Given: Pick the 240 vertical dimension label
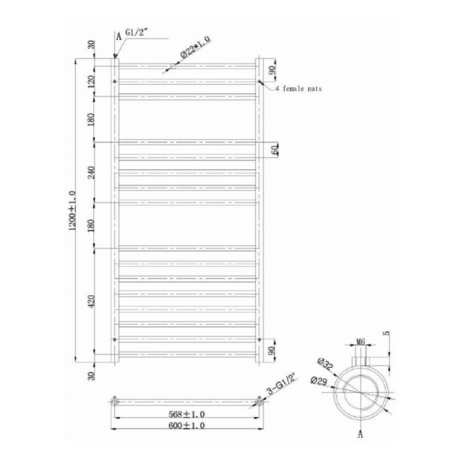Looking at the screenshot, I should coord(92,172).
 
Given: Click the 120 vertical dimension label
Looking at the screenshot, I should coord(92,80).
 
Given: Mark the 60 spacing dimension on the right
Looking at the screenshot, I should coord(275,150).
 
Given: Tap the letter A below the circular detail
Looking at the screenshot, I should coord(360,435).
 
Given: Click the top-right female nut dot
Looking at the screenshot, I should coord(259,81).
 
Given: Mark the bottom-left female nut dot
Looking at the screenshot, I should coord(114,339).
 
